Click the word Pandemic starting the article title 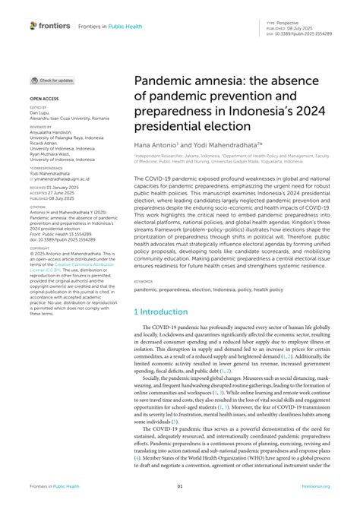coord(160,80)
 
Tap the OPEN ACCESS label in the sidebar coord(44,99)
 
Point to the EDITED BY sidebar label coord(39,108)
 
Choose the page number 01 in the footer coord(180,486)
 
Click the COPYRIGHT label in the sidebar coord(40,248)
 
